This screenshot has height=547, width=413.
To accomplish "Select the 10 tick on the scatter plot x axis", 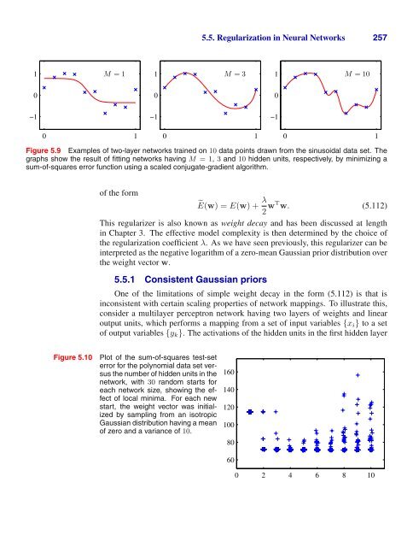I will point(371,475).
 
